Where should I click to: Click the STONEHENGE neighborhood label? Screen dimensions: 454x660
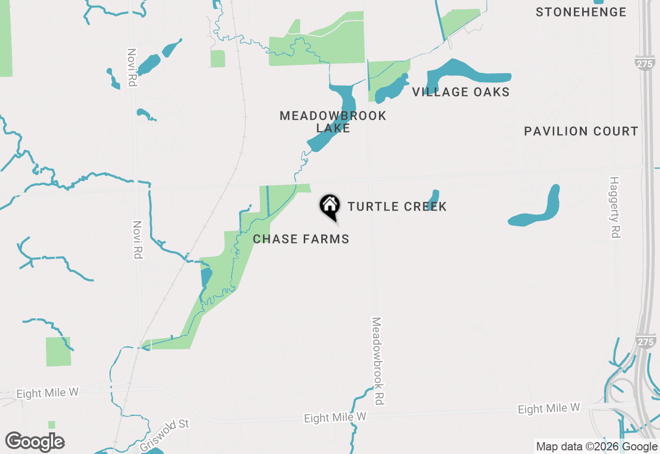(x=581, y=12)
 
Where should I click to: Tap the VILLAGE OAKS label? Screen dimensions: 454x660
(x=460, y=92)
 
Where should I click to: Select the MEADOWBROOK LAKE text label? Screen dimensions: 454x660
(x=333, y=122)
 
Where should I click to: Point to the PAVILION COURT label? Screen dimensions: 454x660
(x=581, y=132)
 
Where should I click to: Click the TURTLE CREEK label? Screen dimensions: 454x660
(x=397, y=207)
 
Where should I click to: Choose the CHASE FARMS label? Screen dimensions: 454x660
(x=301, y=239)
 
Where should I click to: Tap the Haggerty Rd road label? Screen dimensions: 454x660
(x=614, y=207)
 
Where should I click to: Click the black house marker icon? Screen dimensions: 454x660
(x=329, y=206)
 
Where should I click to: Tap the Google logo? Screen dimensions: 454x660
(x=35, y=442)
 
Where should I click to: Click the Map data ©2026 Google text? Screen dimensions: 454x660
(x=597, y=447)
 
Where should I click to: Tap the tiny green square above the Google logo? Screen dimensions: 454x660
(x=52, y=425)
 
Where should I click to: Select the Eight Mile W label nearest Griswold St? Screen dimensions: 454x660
(x=47, y=393)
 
